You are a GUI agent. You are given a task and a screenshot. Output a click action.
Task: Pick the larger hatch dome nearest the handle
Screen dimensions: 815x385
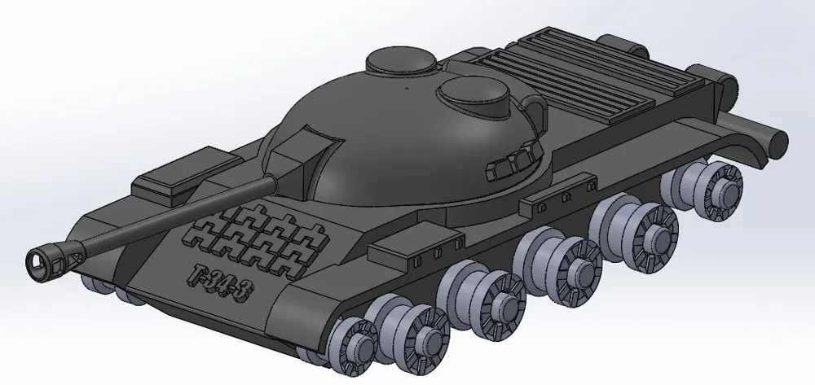473,95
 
